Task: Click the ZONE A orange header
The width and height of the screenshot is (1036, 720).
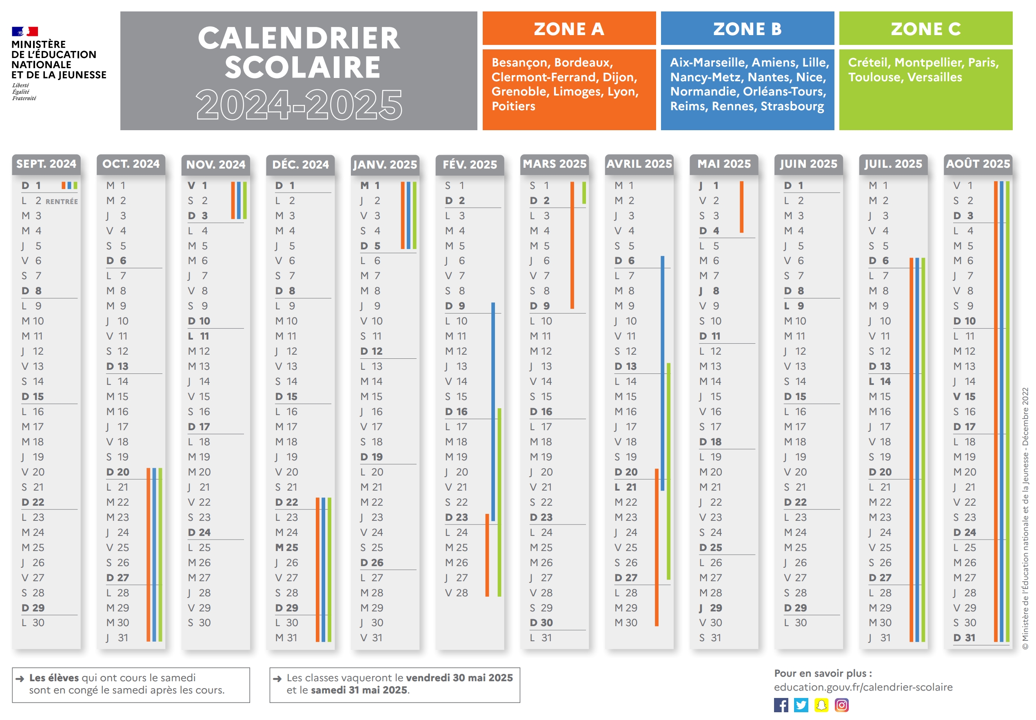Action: pos(569,29)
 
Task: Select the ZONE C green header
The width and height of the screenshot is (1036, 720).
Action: pos(925,29)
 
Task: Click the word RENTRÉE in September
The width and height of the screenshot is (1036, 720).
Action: pos(61,201)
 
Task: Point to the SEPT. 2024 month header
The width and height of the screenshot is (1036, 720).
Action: pos(46,164)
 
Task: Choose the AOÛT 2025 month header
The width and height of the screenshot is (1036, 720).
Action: pos(977,164)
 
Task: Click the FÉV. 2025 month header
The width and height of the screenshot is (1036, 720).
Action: pos(470,164)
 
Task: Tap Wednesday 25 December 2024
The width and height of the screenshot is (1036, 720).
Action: pos(287,547)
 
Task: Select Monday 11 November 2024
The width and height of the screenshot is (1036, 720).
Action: pos(199,336)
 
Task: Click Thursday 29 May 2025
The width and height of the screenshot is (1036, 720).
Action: pos(711,608)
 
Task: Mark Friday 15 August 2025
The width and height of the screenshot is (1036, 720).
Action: pos(964,397)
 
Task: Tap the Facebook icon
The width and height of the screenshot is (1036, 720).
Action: pos(781,704)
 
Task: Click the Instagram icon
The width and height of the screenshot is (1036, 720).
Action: pos(841,704)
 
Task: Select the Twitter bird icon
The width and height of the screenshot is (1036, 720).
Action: pos(801,704)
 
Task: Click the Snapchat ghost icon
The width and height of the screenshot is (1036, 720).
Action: pos(821,704)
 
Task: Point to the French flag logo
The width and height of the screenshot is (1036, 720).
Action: pos(25,31)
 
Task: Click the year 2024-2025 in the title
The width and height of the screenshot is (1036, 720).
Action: pos(299,104)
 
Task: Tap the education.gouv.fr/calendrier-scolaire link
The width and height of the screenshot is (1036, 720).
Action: pos(863,687)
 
